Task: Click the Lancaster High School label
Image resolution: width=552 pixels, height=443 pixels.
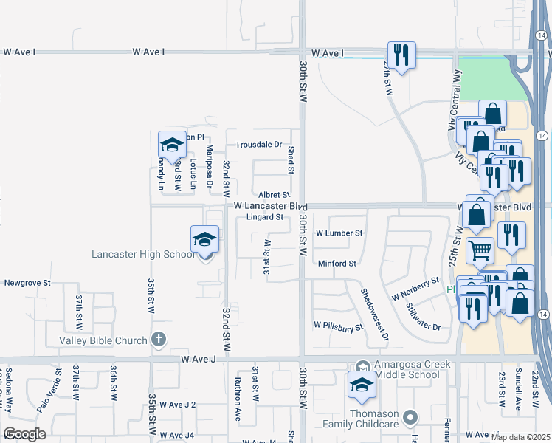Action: point(143,255)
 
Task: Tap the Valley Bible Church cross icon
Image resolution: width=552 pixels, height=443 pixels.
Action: point(156,340)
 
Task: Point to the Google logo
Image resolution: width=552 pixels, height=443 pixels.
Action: point(24,434)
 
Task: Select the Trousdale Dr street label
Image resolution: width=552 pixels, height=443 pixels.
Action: point(258,145)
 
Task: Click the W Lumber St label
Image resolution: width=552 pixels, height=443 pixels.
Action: point(339,233)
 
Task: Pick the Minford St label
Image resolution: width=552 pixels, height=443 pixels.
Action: point(337,263)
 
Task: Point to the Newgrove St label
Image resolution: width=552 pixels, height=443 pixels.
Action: point(27,283)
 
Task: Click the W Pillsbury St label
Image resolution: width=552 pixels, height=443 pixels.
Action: point(338,325)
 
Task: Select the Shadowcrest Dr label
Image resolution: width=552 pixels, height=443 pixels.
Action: point(374,314)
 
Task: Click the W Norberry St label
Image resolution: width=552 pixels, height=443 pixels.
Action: point(415,288)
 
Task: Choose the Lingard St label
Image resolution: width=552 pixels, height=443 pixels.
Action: point(265,217)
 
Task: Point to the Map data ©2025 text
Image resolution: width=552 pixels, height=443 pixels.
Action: point(520,437)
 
